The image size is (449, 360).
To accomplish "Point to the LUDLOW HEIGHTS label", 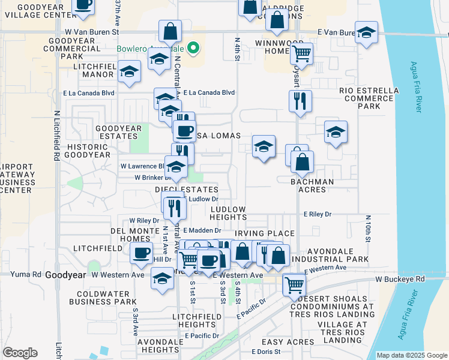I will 228,213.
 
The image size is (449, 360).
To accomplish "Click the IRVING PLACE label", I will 265,233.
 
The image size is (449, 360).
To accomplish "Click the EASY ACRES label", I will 292,341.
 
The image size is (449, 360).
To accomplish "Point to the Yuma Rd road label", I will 25,274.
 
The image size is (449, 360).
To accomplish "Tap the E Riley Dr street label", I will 318,214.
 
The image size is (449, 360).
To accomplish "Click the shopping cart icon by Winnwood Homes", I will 301,53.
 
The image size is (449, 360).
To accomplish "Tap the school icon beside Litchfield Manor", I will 128,72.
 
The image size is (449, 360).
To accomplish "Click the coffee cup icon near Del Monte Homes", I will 142,253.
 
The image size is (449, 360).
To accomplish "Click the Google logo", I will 20,353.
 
